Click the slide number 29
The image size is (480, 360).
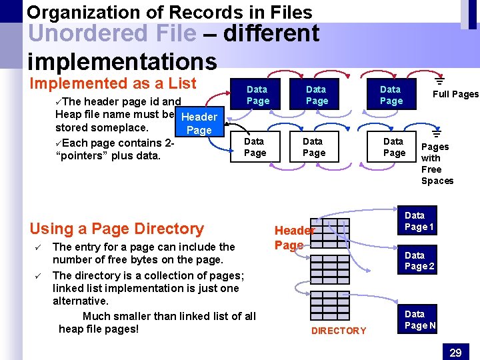[455, 351]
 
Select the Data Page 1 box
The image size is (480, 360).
[419, 221]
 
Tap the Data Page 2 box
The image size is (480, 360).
[419, 261]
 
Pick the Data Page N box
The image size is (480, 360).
[419, 320]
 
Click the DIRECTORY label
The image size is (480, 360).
[339, 331]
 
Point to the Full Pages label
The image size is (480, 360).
[455, 94]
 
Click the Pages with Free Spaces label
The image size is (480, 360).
[437, 163]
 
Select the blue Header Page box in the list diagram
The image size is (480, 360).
[199, 123]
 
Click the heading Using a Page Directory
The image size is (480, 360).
[117, 229]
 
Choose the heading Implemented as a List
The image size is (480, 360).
[113, 83]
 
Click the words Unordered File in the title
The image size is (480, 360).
[113, 33]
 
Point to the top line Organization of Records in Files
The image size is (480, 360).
[169, 11]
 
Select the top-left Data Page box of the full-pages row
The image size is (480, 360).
[257, 95]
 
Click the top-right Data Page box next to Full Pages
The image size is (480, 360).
[391, 95]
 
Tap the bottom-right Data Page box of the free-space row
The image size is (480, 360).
[393, 147]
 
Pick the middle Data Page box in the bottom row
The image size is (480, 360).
[313, 147]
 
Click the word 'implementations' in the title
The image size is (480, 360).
[122, 61]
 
